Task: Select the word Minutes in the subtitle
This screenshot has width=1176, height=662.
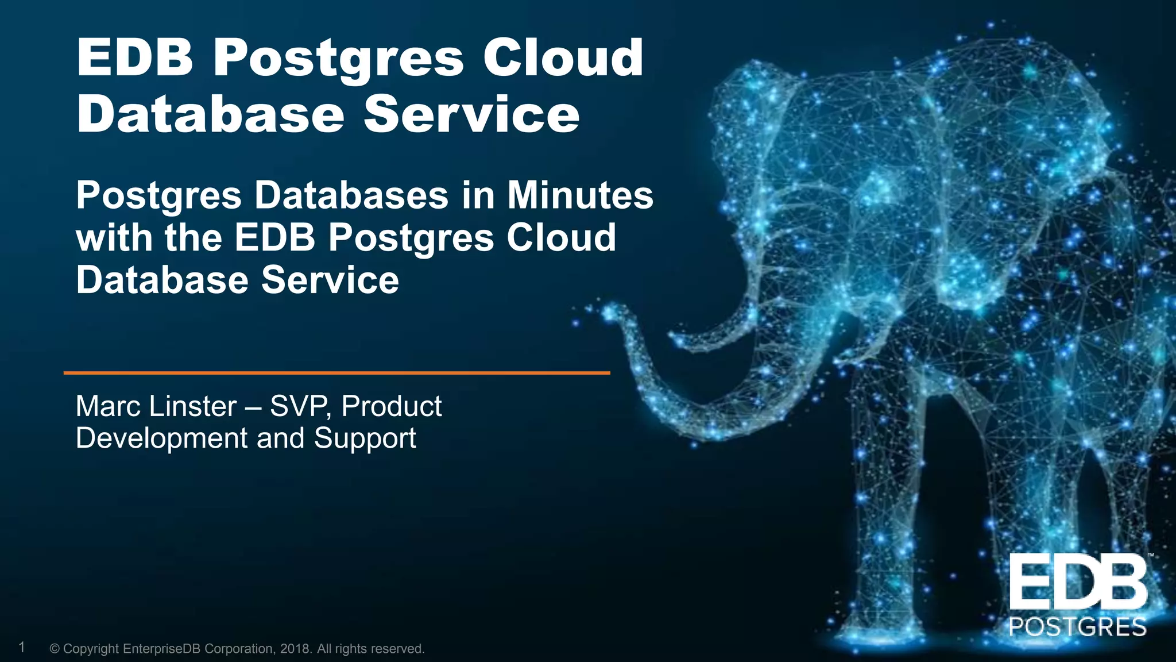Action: click(x=580, y=195)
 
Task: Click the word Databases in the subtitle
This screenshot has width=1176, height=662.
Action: click(x=351, y=195)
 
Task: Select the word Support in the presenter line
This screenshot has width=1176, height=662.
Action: click(x=365, y=438)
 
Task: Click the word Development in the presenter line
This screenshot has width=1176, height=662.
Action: click(x=162, y=438)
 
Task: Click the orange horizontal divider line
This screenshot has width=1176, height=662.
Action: click(x=336, y=373)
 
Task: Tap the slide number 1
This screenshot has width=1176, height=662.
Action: click(x=22, y=648)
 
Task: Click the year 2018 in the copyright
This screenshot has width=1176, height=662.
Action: click(x=296, y=649)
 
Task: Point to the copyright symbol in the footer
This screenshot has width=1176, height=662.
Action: click(x=55, y=649)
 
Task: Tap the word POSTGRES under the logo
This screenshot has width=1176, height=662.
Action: click(x=1078, y=627)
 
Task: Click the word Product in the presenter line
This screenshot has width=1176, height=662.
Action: click(x=392, y=406)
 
